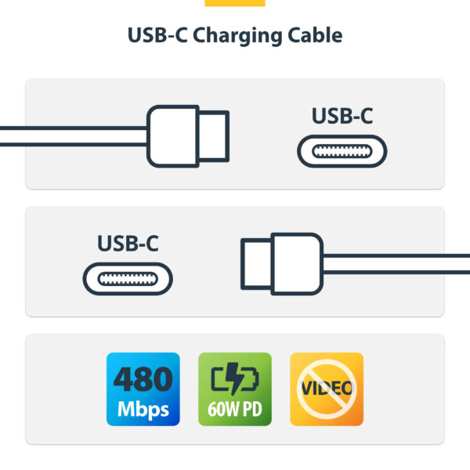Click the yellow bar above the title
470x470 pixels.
pos(234,3)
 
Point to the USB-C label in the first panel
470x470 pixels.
pos(342,116)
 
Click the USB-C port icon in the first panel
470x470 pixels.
pos(342,150)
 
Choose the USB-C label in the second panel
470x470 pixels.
pos(128,243)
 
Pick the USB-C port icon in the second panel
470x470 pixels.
pos(128,278)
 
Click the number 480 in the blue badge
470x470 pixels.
pos(143,380)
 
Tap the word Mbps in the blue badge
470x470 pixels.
pos(143,409)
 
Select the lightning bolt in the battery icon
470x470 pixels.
pos(234,380)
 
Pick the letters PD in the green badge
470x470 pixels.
pos(252,410)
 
